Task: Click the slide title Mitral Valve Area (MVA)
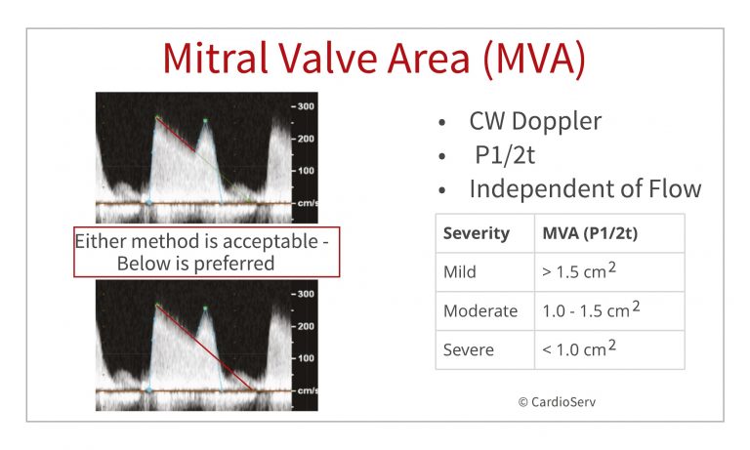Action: coord(374,58)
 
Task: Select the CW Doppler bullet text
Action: coord(534,122)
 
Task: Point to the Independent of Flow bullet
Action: coord(584,188)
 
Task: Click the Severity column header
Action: coord(476,234)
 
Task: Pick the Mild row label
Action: coord(461,272)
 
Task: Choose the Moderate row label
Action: coord(479,310)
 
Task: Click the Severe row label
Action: coord(468,349)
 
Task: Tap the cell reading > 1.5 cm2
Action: coord(581,272)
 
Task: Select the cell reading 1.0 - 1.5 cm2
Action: coord(591,310)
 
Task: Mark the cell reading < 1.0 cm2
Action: coord(581,349)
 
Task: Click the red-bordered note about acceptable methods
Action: coord(206,254)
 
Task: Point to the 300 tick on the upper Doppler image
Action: coord(305,106)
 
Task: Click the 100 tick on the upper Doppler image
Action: coord(305,171)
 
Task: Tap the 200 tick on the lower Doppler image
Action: coord(305,326)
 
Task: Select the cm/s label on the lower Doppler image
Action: coord(306,390)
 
